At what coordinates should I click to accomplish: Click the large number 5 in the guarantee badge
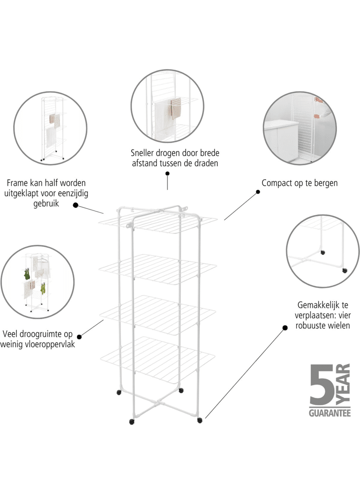tap(321, 384)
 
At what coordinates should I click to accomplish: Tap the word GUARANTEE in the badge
tap(330, 412)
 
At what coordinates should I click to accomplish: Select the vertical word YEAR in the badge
tap(343, 384)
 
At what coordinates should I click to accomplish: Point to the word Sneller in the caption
tap(142, 153)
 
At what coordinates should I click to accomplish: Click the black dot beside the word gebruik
tap(76, 205)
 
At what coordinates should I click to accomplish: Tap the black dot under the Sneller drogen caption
tap(167, 173)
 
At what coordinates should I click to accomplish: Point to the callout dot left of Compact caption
tap(258, 192)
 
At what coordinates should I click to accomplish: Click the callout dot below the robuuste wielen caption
tap(285, 328)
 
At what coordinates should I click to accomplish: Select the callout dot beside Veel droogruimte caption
tap(80, 337)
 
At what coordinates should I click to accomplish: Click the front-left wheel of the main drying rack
tap(132, 421)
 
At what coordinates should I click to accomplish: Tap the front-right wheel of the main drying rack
tap(200, 420)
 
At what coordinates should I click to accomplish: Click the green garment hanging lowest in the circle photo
tap(43, 288)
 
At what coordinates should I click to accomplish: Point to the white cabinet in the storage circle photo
tap(281, 140)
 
